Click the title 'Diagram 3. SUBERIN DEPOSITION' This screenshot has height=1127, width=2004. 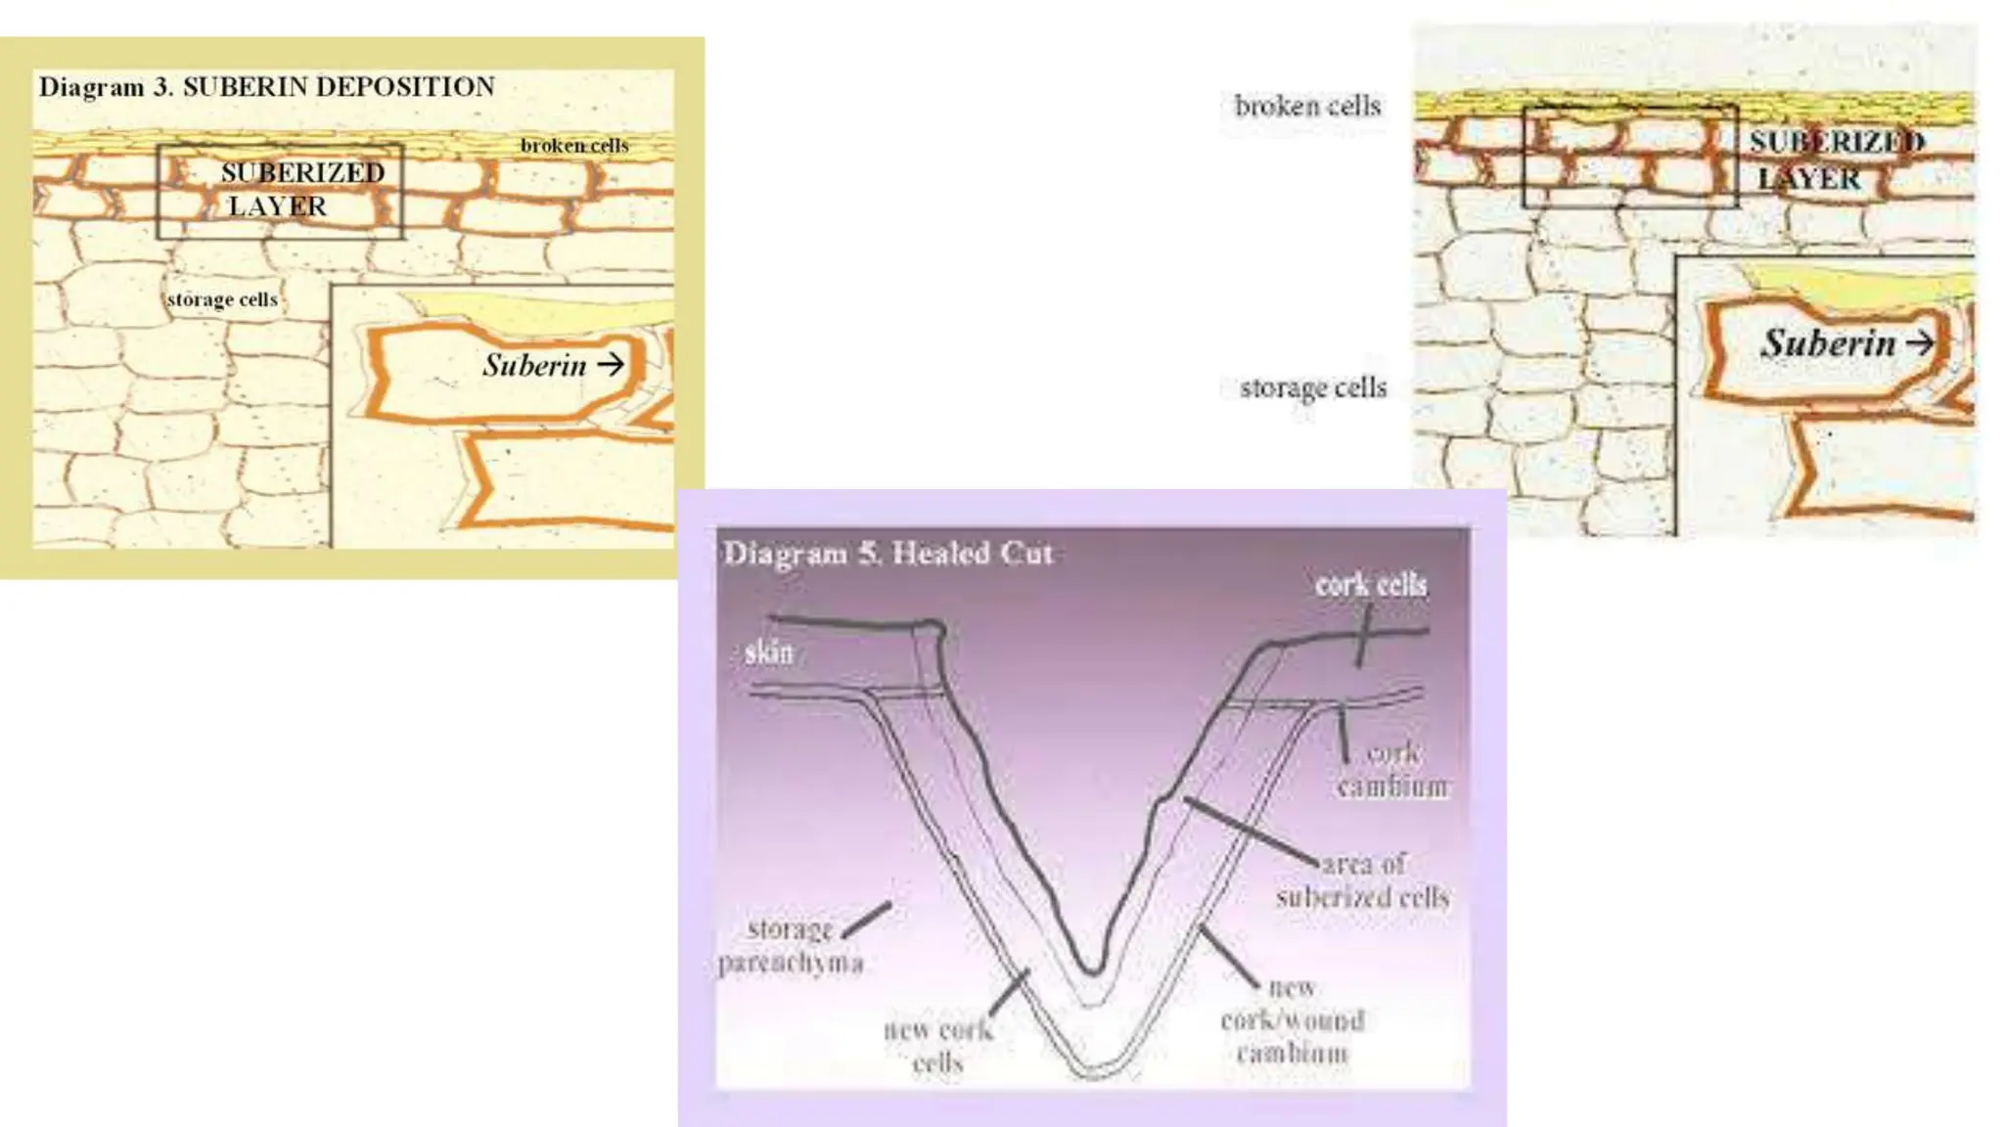tap(266, 87)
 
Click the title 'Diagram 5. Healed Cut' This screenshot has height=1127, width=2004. tap(888, 554)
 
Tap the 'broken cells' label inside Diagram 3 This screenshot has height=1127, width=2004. tap(574, 146)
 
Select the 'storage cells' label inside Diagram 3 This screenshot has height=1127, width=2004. tap(222, 299)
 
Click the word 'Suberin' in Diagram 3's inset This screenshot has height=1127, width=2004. tap(534, 365)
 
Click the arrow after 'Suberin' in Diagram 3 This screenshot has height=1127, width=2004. tap(611, 365)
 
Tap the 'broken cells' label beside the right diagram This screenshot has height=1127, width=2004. tap(1307, 106)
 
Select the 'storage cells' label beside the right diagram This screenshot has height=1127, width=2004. tap(1313, 388)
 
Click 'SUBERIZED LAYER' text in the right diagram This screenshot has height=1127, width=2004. tap(1836, 160)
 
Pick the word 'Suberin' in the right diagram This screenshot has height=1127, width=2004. tap(1828, 343)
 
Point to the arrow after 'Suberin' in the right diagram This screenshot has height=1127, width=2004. tap(1920, 342)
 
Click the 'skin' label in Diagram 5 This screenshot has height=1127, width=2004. tap(769, 653)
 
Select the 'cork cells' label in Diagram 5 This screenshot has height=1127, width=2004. tap(1371, 585)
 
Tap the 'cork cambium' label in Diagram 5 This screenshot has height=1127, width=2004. tap(1392, 770)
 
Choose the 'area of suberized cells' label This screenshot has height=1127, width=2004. tap(1363, 880)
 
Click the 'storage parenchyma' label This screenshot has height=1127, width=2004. tap(791, 946)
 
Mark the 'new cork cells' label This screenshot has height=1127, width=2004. tap(938, 1046)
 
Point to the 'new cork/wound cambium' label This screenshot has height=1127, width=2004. tap(1293, 1020)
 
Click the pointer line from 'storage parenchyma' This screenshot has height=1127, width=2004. tap(867, 920)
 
